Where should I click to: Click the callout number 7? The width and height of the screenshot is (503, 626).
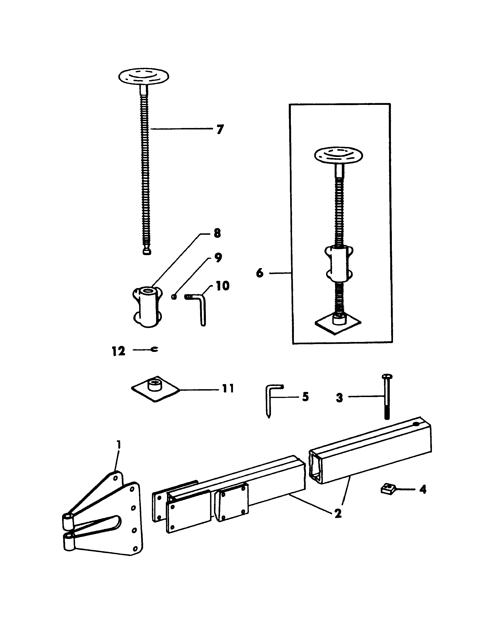coord(220,129)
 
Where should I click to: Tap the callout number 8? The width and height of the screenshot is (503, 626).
coord(217,233)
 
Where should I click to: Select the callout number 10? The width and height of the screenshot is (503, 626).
coord(223,286)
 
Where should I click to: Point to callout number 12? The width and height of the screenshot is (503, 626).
coord(119,351)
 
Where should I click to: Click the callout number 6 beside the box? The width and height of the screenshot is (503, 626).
coord(260,273)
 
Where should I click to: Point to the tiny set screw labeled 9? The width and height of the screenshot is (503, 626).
coord(174,297)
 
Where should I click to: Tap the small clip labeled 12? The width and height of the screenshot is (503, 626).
coord(155,350)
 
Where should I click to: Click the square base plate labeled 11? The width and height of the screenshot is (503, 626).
coord(155,390)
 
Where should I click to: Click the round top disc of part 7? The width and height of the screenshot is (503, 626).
coord(143,77)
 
